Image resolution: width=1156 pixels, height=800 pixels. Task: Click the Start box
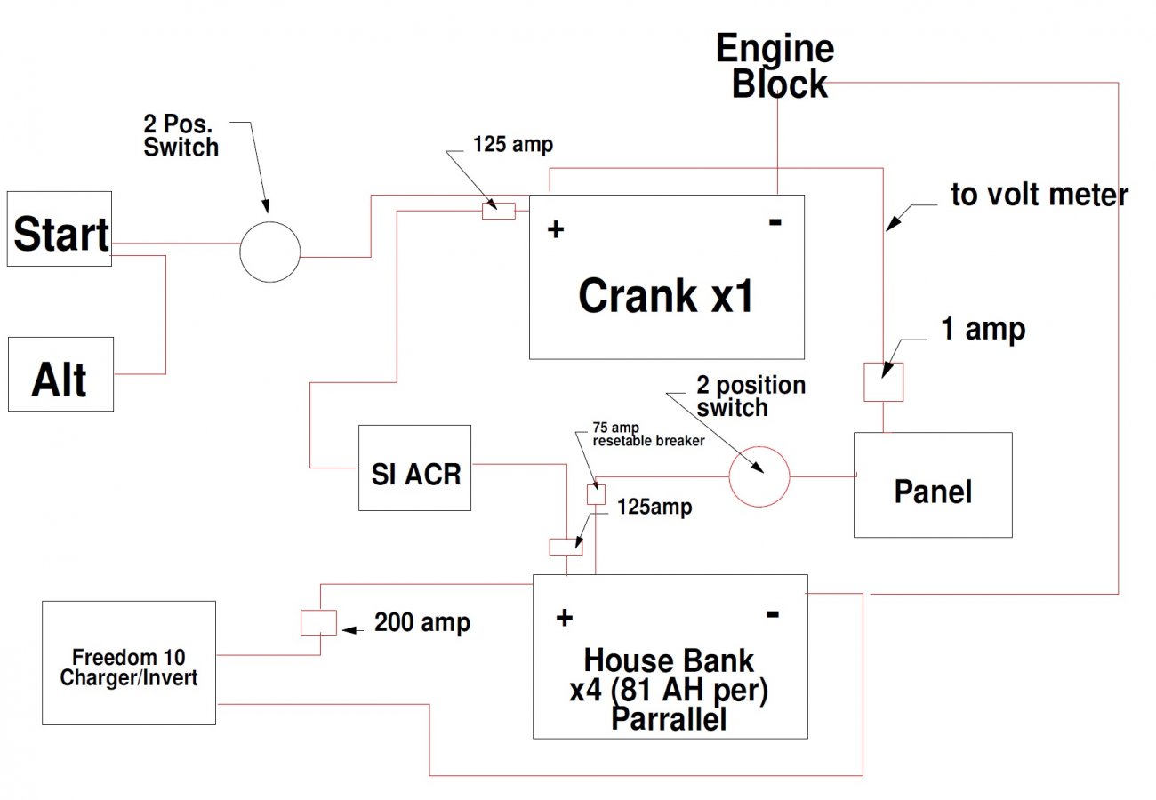pyautogui.click(x=60, y=229)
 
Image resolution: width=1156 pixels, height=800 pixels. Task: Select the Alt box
pyautogui.click(x=60, y=374)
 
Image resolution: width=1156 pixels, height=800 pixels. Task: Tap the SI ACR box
pyautogui.click(x=415, y=468)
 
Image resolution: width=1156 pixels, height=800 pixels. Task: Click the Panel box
pyautogui.click(x=933, y=484)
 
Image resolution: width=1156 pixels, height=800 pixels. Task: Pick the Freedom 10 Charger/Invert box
pyautogui.click(x=129, y=663)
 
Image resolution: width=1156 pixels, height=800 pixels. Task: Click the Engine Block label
pyautogui.click(x=775, y=66)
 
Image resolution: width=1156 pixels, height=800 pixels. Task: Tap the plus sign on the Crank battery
pyautogui.click(x=556, y=229)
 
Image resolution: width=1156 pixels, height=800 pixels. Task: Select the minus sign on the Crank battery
pyautogui.click(x=775, y=222)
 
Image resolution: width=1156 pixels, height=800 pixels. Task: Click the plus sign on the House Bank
pyautogui.click(x=565, y=618)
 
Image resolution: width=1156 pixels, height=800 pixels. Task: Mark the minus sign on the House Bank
pyautogui.click(x=773, y=614)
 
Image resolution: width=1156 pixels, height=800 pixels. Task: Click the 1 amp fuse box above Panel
pyautogui.click(x=884, y=381)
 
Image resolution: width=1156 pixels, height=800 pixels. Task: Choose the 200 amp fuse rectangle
pyautogui.click(x=318, y=622)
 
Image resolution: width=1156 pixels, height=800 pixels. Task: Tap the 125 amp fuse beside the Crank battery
pyautogui.click(x=499, y=211)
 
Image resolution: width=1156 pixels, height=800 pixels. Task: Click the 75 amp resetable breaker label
pyautogui.click(x=648, y=435)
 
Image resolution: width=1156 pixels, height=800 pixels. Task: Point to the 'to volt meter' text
pyautogui.click(x=1040, y=195)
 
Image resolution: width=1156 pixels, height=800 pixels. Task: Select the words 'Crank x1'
pyautogui.click(x=666, y=295)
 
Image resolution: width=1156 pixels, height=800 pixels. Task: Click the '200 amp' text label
pyautogui.click(x=422, y=622)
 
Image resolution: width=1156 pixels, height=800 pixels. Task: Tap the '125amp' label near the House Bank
pyautogui.click(x=654, y=507)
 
